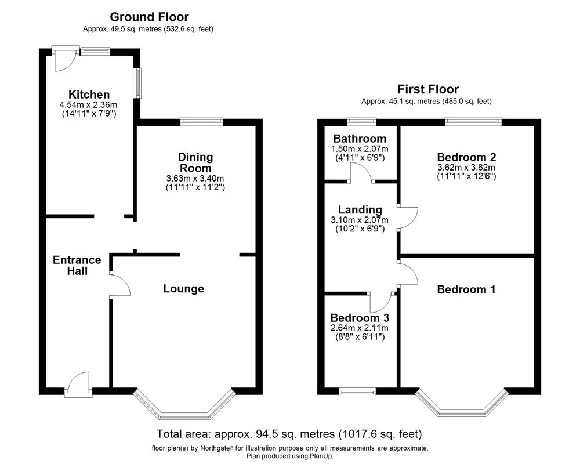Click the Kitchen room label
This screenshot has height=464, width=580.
[x=89, y=95]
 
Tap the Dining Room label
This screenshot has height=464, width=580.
[x=195, y=162]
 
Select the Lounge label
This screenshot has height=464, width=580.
[x=183, y=289]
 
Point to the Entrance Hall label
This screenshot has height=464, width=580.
[x=77, y=265]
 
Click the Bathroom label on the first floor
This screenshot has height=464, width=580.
[x=360, y=139]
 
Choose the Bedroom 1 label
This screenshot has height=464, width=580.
[x=466, y=289]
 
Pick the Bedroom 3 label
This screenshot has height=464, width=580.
[x=360, y=318]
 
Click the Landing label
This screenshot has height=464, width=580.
[x=360, y=210]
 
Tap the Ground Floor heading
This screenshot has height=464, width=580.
[x=149, y=17]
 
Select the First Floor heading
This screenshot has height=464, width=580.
[x=428, y=89]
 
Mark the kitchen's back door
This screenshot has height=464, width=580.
[x=63, y=60]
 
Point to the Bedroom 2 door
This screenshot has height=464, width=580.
[x=408, y=217]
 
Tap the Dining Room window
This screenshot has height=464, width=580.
[x=201, y=122]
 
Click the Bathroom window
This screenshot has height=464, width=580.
[x=361, y=122]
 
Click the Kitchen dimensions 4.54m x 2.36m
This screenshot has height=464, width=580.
[x=89, y=105]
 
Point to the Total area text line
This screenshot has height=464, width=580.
[x=289, y=434]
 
